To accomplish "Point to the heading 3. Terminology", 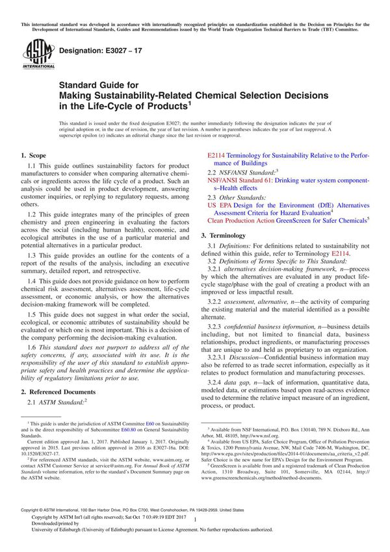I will pos(227,234).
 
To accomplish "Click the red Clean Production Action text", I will pos(240,221).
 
